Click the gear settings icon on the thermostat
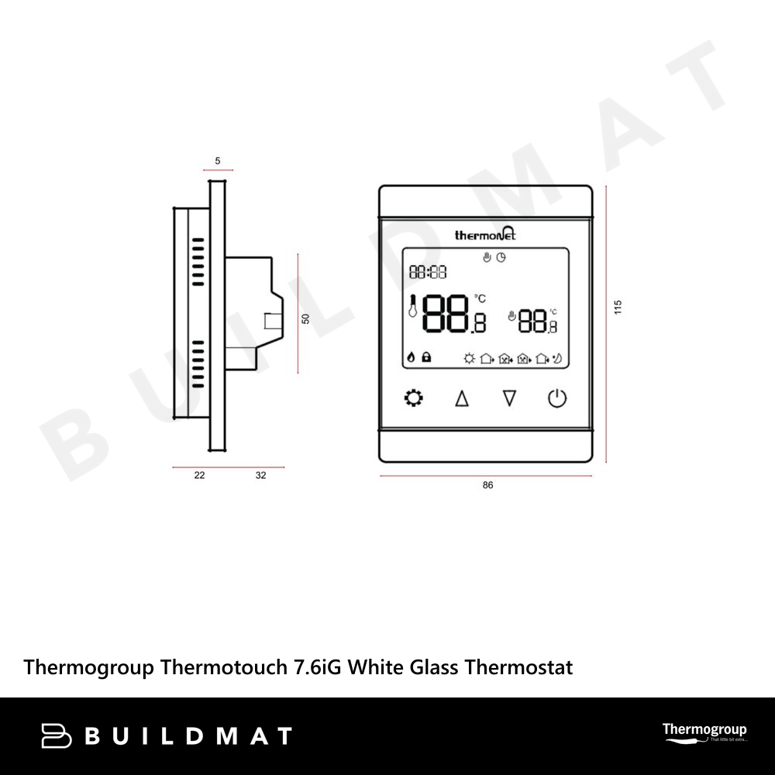pos(415,399)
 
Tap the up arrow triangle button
pos(462,399)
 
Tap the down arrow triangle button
pos(509,399)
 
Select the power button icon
pos(557,399)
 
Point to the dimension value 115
pos(618,307)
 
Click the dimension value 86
pos(487,486)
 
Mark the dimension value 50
pos(305,319)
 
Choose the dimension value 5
pos(218,161)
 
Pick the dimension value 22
pos(199,476)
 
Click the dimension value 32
pos(260,476)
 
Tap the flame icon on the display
pos(411,358)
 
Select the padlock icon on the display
pos(426,358)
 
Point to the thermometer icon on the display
pos(412,308)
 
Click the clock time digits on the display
pos(428,272)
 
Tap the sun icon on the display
pos(468,358)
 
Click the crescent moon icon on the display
pos(558,358)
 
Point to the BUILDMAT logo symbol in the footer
pos(57,735)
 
